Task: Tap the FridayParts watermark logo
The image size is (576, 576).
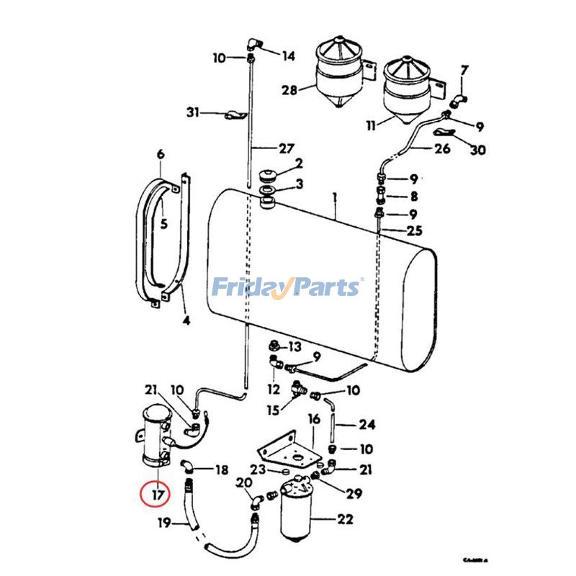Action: coord(287,287)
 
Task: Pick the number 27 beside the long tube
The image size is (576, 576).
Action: coord(287,148)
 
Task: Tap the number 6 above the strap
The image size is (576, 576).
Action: coord(160,153)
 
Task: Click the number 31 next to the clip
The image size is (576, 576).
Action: coord(192,112)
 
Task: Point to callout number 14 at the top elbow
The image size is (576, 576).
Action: coord(288,55)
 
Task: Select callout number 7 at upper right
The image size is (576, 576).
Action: coord(464,71)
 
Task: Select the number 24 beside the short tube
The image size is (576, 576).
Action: coord(367,424)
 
